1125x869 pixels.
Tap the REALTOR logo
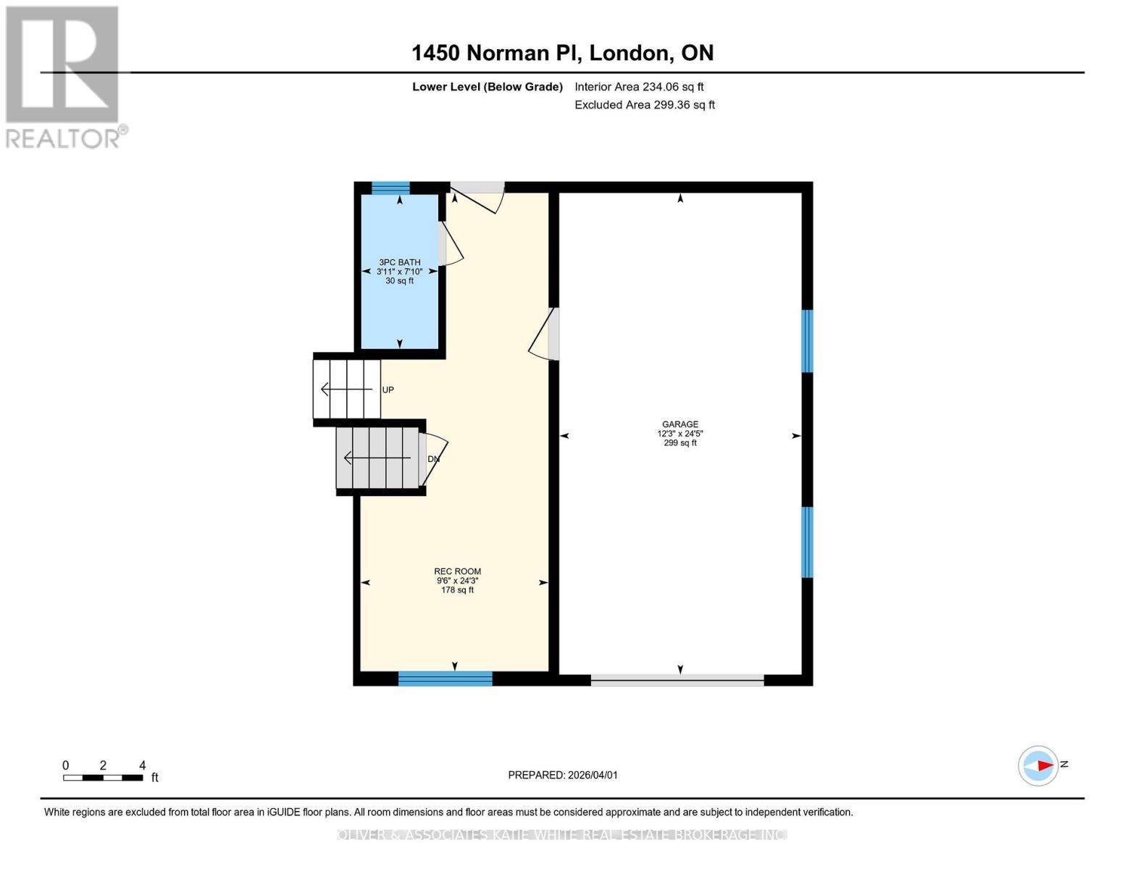click(x=64, y=77)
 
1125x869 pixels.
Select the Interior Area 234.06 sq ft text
click(x=639, y=87)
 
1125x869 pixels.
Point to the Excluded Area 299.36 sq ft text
click(x=645, y=105)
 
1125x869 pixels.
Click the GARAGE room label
click(x=679, y=424)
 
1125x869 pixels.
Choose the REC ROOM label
click(x=457, y=571)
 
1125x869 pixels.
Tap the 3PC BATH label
click(x=399, y=263)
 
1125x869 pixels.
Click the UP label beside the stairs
click(x=388, y=390)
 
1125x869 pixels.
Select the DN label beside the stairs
click(x=433, y=459)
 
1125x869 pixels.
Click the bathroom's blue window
click(x=390, y=188)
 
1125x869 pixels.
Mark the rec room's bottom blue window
click(x=445, y=679)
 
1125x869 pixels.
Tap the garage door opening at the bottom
click(x=677, y=680)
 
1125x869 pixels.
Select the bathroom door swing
click(x=450, y=244)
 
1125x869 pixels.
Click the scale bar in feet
click(x=103, y=778)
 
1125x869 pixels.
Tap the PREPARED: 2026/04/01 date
click(x=562, y=775)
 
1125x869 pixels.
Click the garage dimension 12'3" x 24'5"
click(x=679, y=434)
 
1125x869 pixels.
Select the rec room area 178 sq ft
click(x=457, y=590)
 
